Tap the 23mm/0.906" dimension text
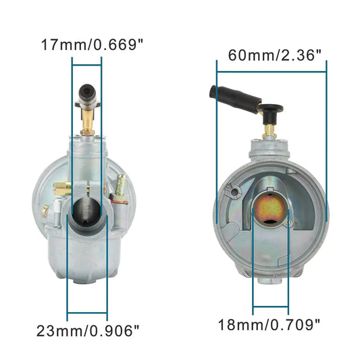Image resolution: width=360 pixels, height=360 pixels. point(88,331)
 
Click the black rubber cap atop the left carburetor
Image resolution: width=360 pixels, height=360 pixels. point(87,93)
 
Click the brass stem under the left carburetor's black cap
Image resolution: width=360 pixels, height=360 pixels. point(87,122)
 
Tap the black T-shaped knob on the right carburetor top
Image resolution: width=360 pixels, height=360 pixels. point(271,108)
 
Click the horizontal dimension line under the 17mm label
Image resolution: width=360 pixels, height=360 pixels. point(86,66)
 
